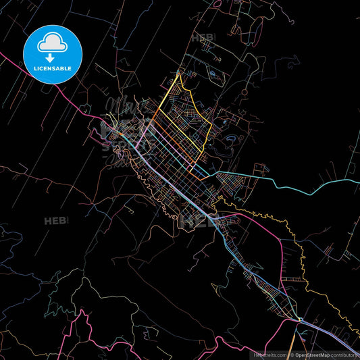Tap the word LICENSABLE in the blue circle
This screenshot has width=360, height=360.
click(x=53, y=68)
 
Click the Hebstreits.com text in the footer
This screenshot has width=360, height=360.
click(x=269, y=354)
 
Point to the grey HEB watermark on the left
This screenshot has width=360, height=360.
click(x=54, y=221)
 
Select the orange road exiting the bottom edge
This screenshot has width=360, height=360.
click(x=291, y=348)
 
